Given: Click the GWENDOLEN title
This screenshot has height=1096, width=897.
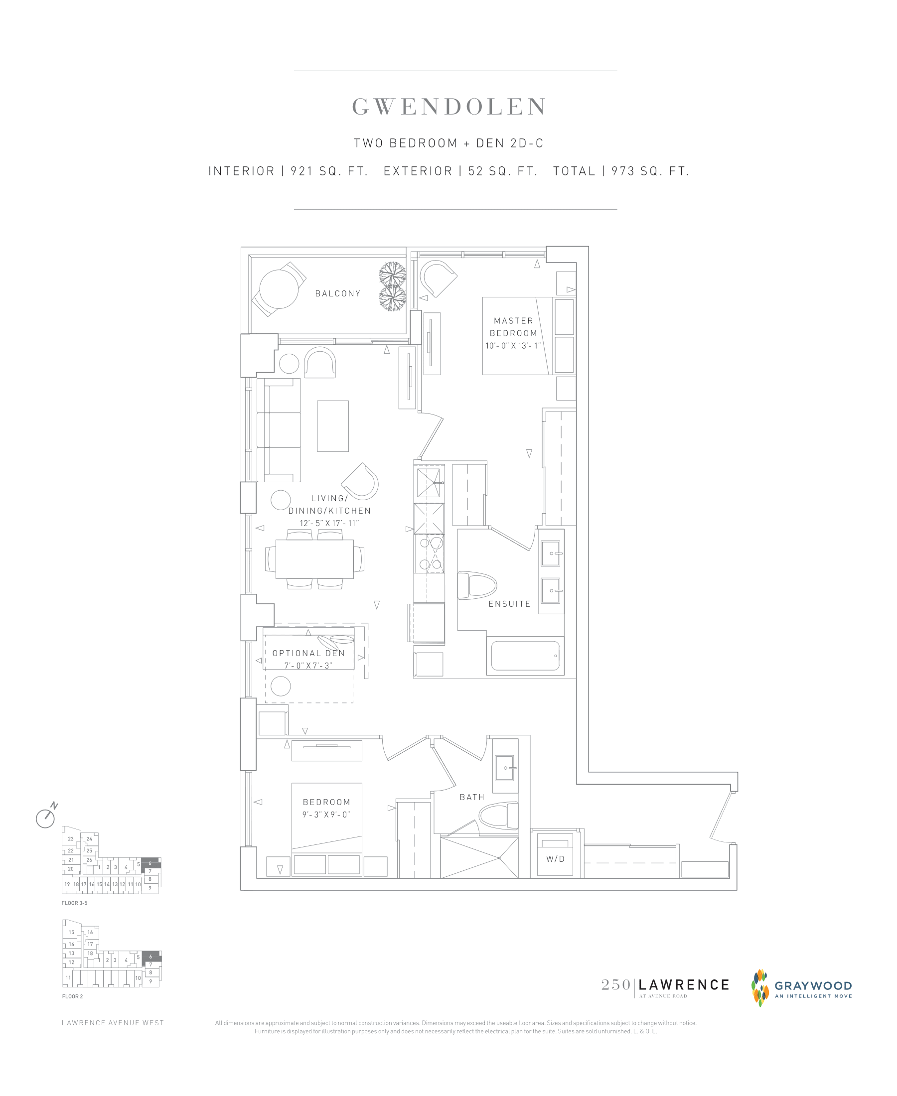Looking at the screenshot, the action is pos(448,107).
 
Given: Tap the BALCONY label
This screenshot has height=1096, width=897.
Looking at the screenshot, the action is pos(338,293).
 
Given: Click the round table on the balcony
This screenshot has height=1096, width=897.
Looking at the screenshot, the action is pos(279,289).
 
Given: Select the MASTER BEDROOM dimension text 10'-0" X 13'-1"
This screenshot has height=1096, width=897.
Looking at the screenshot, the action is pos(513,346).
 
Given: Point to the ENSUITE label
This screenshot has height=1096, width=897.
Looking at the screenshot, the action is pos(509,604).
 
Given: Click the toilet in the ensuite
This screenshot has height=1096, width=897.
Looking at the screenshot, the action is pos(477,585).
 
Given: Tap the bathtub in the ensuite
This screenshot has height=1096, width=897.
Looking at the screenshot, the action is pos(525,656).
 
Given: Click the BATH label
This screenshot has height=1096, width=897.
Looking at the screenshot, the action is pos(472,797).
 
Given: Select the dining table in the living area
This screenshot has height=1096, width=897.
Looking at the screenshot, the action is pos(314,559).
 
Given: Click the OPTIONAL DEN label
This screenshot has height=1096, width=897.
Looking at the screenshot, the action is pos(308,653).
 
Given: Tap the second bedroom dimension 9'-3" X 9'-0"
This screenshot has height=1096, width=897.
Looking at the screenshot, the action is pos(326,815).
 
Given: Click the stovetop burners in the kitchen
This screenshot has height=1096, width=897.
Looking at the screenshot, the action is pos(430,553).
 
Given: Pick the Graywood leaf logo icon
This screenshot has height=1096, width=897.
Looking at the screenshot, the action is pos(759,988).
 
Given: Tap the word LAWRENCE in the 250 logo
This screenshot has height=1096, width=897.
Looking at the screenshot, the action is pos(684,984).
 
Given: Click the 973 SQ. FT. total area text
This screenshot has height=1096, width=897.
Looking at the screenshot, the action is pos(650,171).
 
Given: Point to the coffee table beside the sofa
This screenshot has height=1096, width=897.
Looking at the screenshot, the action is pos(333,426).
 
